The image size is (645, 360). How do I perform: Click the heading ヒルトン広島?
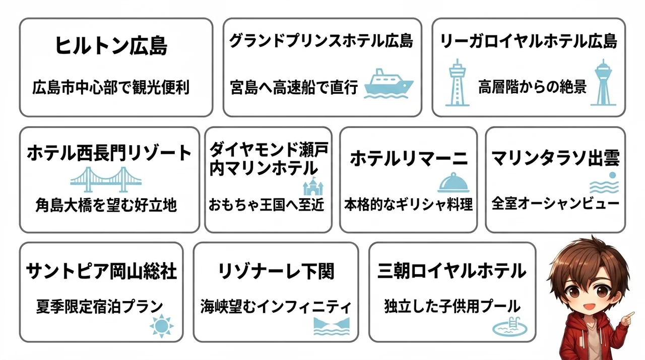(111, 45)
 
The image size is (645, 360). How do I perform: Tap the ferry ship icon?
(389, 84)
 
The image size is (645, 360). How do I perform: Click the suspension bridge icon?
(106, 179)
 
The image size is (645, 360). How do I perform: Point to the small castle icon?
(313, 187)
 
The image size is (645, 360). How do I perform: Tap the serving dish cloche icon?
(454, 183)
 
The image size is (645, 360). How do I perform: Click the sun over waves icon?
(604, 183)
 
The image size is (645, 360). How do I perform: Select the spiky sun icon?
(162, 326)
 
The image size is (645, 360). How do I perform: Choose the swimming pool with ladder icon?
(510, 327)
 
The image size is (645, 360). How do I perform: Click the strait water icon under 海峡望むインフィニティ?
(332, 326)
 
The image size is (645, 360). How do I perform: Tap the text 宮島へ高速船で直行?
(294, 87)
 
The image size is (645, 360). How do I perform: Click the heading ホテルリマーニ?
(409, 159)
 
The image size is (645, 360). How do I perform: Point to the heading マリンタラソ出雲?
(555, 158)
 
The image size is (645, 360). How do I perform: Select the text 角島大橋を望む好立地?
(106, 205)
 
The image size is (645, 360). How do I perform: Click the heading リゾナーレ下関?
(276, 271)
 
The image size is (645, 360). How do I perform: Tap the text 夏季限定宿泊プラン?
(100, 307)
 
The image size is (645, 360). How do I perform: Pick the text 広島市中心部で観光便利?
(111, 87)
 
